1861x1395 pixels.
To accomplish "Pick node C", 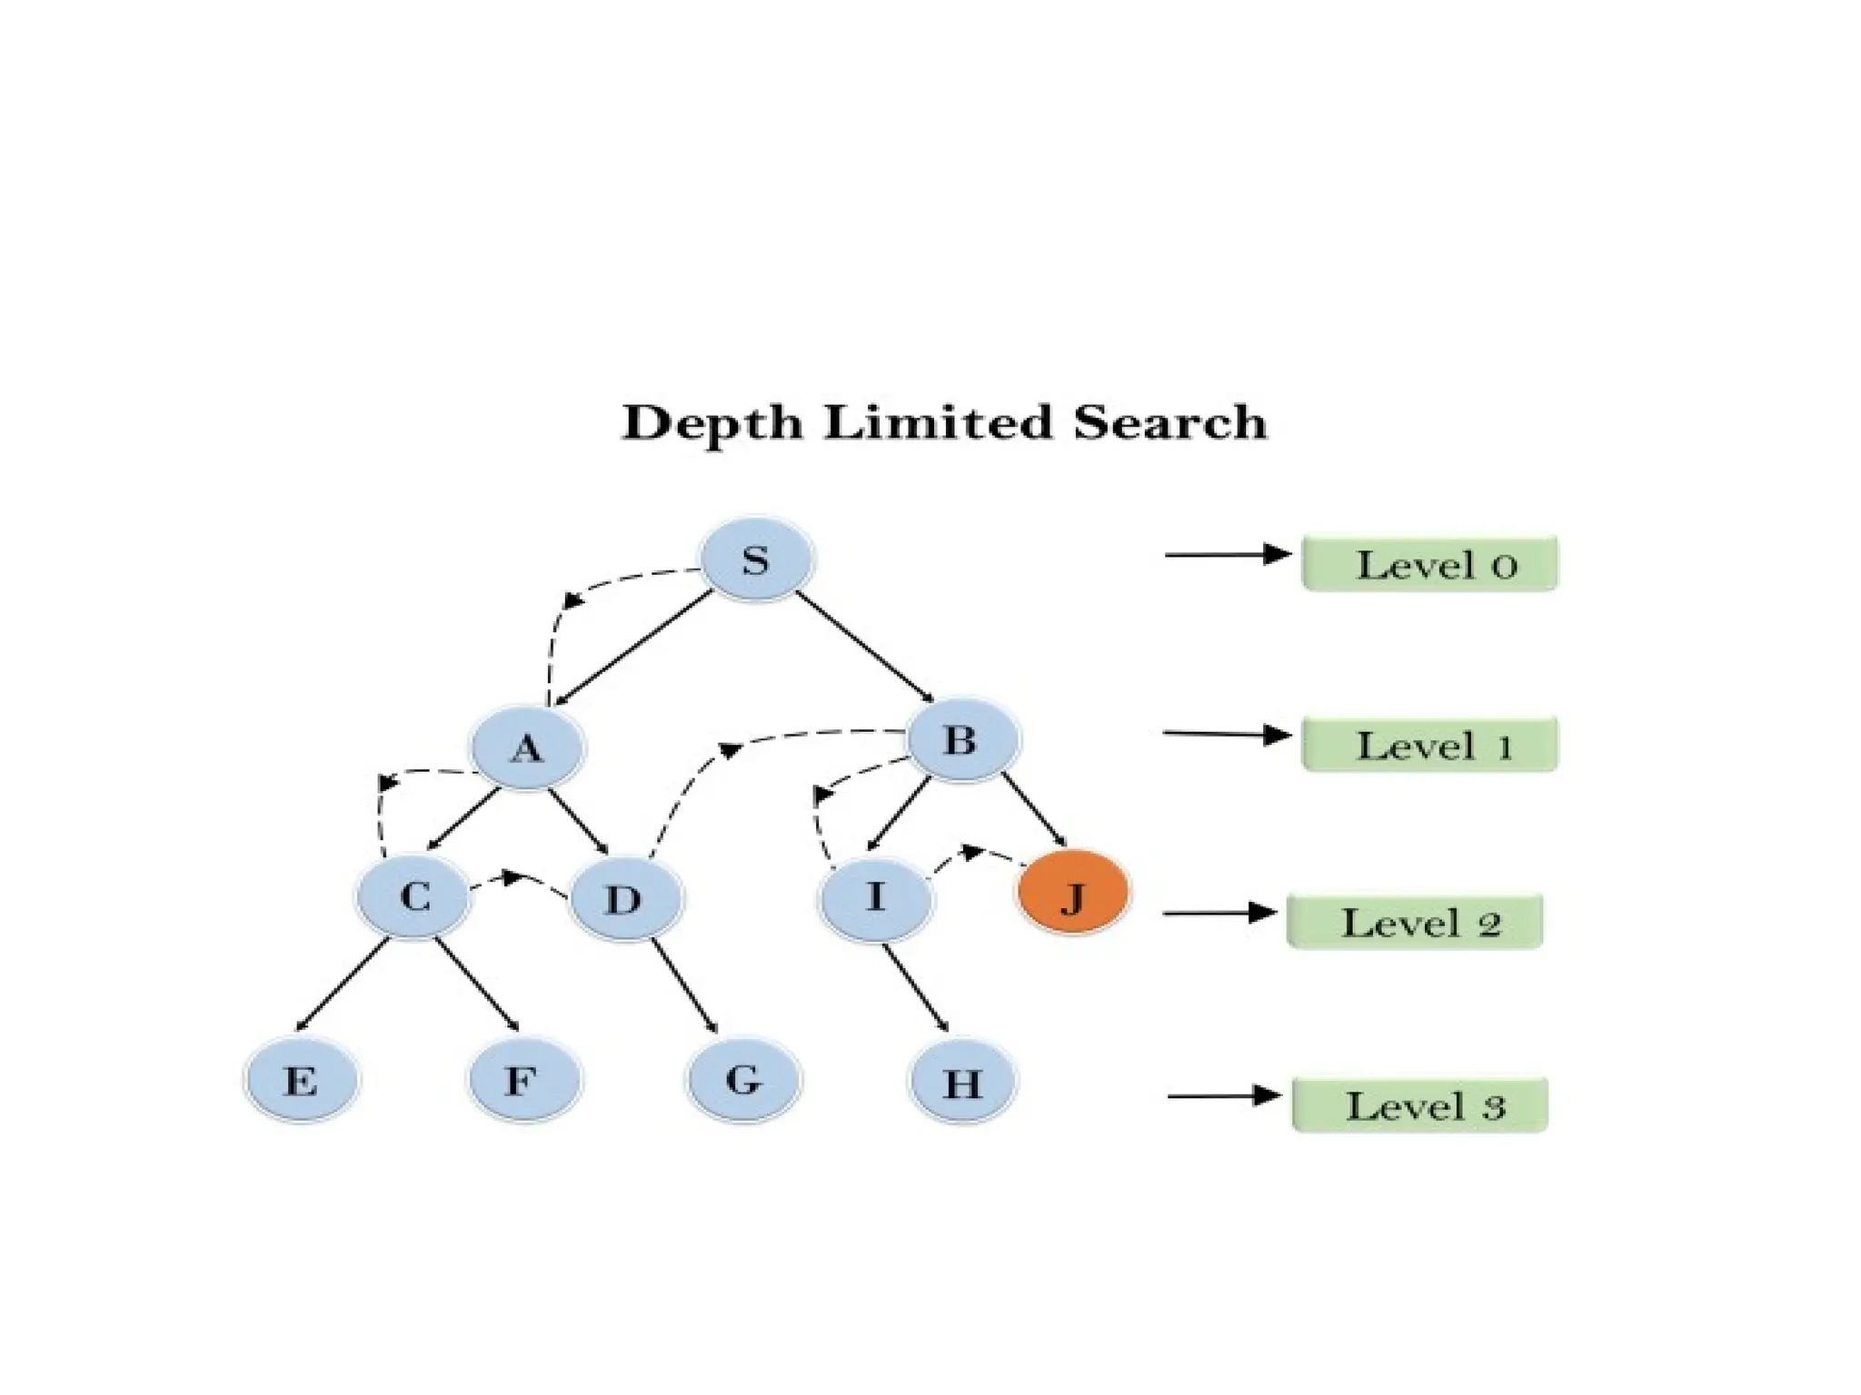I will coord(414,898).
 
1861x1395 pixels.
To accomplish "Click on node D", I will coord(624,900).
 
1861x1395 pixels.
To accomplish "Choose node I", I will coord(876,898).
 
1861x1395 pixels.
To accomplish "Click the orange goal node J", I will coord(1073,895).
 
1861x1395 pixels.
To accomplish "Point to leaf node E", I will coord(302,1081).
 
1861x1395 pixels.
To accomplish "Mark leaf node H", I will coord(963,1083).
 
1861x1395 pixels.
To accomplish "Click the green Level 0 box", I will coord(1429,565).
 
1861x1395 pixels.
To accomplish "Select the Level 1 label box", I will coord(1429,745).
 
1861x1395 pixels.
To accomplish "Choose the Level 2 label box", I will coord(1415,923).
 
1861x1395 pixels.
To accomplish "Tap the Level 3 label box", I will coord(1419,1105).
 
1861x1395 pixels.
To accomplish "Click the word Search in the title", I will coord(1169,423).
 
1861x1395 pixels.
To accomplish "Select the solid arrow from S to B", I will coord(865,647).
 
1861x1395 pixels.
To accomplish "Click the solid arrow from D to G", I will coord(684,986).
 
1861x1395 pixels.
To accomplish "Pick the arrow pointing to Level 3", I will coord(1223,1096).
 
